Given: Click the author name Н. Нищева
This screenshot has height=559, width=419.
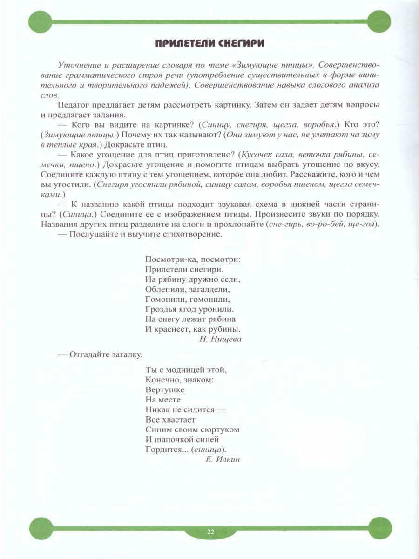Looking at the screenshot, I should [x=220, y=339].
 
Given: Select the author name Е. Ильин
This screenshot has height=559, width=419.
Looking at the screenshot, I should [x=223, y=459].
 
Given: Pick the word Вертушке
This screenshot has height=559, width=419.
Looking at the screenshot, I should [x=165, y=389].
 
